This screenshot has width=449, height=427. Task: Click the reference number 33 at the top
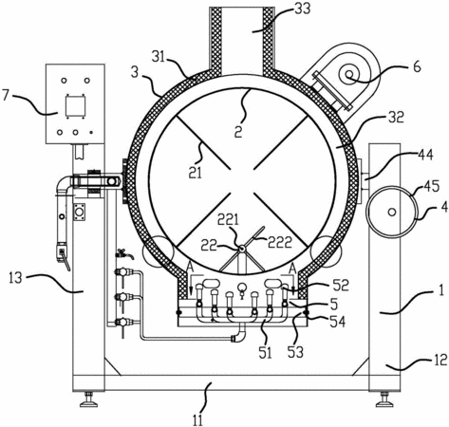point(302,9)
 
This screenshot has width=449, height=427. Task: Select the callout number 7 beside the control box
point(7,95)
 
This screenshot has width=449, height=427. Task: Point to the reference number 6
point(417,66)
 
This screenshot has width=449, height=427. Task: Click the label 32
point(396,118)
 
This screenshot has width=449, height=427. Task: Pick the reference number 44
point(425,155)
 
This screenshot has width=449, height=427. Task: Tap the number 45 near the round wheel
point(432,187)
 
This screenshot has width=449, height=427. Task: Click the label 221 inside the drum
point(229,219)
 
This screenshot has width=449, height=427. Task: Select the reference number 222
point(280,243)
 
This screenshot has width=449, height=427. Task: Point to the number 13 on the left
point(15,278)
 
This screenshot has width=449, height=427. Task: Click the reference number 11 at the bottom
point(197,420)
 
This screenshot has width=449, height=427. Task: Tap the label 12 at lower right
point(440,361)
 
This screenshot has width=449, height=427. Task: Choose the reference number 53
point(296,352)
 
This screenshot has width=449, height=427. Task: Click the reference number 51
point(265,353)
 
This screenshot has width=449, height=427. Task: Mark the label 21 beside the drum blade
point(195,173)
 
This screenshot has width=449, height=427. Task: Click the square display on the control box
point(75,106)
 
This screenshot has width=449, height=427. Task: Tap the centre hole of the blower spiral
point(349,75)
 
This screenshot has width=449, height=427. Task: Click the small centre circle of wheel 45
point(392,212)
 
